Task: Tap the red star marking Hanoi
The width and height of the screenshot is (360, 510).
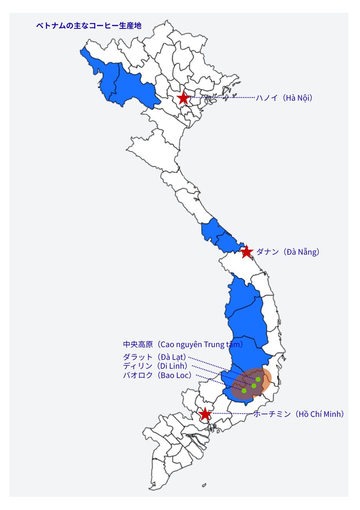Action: coord(183,98)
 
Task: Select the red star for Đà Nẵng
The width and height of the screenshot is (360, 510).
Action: coord(247,252)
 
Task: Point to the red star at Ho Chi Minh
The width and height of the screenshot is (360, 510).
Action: coord(205,414)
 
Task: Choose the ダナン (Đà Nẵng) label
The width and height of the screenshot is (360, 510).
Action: coord(288,252)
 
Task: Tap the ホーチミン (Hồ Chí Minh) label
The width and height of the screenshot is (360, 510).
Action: coord(299,414)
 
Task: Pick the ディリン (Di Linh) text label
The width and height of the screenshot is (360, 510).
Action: coord(157,366)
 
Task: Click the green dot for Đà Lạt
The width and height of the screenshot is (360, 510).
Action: coord(258,379)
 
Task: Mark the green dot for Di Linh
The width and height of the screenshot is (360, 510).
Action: coord(254,386)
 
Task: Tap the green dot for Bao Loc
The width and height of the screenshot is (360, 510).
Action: coord(244,391)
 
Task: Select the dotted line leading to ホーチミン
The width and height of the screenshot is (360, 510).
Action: coord(233,414)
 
